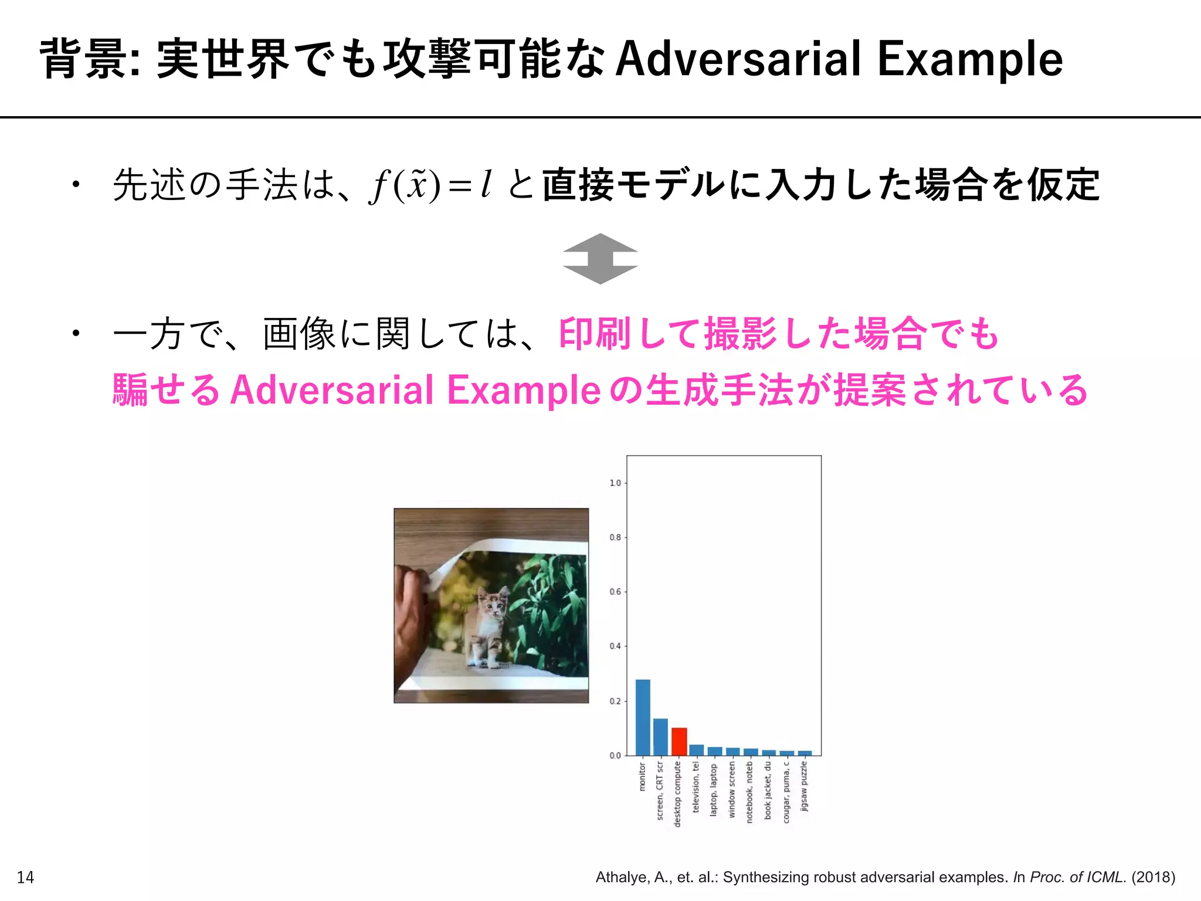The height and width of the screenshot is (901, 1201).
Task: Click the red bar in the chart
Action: tap(678, 741)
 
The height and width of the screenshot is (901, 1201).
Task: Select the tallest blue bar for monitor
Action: tap(643, 717)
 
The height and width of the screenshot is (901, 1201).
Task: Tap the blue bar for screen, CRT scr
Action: tap(660, 737)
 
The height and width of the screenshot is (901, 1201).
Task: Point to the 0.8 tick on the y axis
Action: tap(615, 537)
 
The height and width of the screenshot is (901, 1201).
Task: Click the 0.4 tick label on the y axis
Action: tap(615, 646)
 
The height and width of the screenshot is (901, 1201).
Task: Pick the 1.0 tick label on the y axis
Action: tap(615, 483)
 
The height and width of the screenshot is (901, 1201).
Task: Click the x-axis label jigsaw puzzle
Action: tap(804, 786)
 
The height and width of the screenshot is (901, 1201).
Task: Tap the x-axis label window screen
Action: tap(731, 790)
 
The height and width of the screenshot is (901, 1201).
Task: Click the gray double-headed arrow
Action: tap(600, 259)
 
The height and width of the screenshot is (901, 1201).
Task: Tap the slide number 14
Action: tap(26, 878)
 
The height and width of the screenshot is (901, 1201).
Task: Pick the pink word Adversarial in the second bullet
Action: tap(332, 390)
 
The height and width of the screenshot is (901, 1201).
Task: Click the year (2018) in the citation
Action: tap(1153, 877)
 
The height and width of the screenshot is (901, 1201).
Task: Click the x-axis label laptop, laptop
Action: tap(714, 790)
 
